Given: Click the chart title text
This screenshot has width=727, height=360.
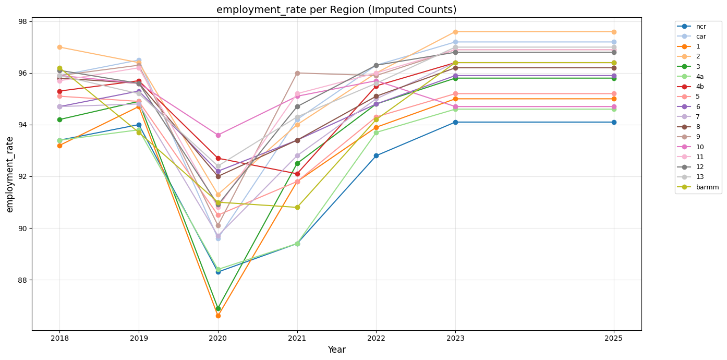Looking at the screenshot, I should point(336,10).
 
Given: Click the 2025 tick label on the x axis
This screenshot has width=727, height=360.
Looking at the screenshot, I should point(614,338).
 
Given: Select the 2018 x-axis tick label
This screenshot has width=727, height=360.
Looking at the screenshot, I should point(59,338).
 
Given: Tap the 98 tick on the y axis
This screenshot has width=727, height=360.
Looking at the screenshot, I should point(23,21).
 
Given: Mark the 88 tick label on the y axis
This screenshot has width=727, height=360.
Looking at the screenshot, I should point(23,280).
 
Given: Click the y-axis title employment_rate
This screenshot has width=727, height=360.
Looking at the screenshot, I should point(10,174).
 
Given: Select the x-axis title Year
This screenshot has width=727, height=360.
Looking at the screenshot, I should point(336,350).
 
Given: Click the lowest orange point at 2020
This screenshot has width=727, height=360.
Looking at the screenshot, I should point(218,316).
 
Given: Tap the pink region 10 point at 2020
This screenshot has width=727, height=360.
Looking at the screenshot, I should point(218,135).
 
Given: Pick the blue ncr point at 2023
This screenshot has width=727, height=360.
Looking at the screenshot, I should point(455,122).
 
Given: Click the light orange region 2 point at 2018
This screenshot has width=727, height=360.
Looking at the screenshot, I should point(59,47).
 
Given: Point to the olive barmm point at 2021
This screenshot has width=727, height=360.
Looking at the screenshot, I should point(297,207).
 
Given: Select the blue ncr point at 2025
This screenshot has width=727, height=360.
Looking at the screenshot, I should point(614,122).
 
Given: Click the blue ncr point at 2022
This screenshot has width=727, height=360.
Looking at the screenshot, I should point(376,155).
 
